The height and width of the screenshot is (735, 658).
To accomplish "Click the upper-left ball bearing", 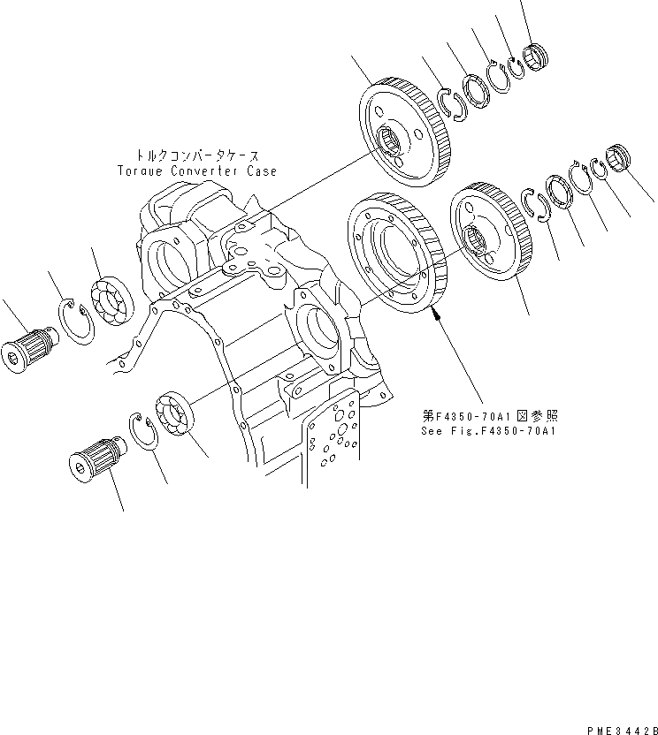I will pyautogui.click(x=112, y=300).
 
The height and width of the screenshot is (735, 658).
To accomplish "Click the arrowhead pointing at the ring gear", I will pyautogui.click(x=436, y=311).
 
